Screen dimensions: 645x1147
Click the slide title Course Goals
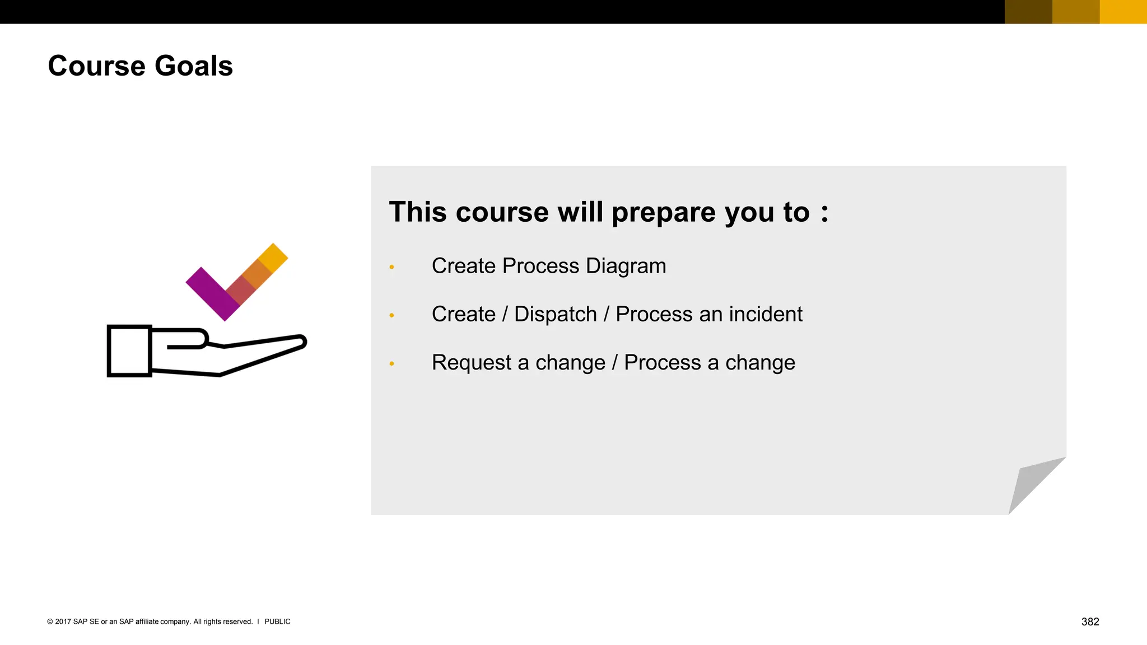140,66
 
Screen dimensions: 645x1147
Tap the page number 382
1090,621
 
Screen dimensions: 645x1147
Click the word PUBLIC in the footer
277,621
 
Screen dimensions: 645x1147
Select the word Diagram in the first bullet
626,266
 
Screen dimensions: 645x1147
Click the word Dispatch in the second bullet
555,314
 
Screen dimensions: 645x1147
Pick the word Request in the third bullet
472,363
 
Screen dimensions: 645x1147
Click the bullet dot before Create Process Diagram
391,267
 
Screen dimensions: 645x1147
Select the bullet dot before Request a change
391,364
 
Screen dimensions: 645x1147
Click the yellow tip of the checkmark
274,257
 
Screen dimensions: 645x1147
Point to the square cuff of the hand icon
129,351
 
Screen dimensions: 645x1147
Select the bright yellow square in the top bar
1123,12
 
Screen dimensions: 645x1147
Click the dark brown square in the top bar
1028,12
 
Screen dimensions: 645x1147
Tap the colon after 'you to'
824,213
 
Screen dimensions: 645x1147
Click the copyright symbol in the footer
50,621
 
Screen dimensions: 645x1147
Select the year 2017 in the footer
63,621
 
